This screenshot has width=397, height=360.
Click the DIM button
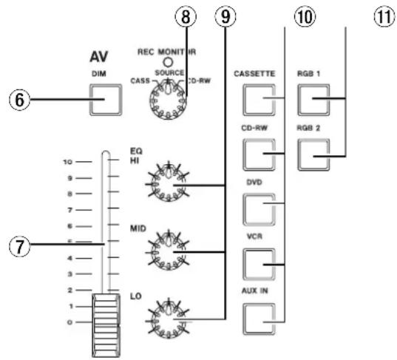click(106, 100)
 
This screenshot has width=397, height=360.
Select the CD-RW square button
click(259, 154)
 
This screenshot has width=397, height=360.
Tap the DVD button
click(259, 209)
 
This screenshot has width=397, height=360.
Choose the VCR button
click(259, 264)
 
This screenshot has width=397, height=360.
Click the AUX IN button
click(259, 319)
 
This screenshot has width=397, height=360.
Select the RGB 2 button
click(313, 154)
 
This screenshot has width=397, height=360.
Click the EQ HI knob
click(168, 182)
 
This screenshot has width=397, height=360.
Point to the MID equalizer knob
click(168, 251)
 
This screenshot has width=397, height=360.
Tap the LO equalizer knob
click(168, 319)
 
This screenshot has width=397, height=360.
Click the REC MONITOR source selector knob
click(168, 100)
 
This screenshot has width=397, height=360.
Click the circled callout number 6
click(19, 100)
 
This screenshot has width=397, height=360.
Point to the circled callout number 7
click(19, 247)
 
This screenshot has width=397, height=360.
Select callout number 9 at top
click(225, 16)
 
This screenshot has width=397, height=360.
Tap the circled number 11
click(384, 17)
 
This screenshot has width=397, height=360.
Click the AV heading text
click(99, 57)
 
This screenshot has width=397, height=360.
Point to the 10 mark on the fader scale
click(67, 162)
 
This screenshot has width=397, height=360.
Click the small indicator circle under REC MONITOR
click(167, 62)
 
